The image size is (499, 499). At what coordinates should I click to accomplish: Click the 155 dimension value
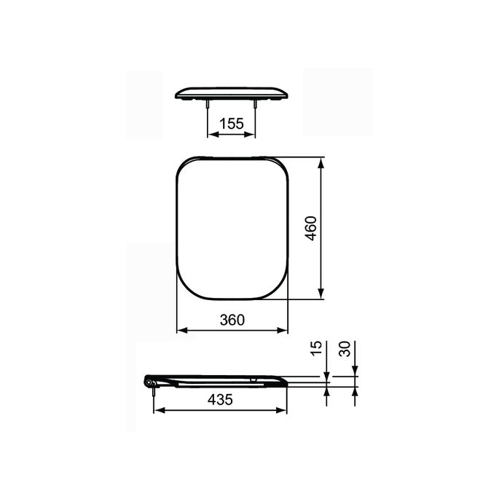[232, 124]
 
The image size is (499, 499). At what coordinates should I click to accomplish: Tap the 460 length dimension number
[309, 229]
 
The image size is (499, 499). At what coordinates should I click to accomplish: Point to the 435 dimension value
[220, 399]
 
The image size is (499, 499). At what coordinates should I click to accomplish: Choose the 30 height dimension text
[346, 348]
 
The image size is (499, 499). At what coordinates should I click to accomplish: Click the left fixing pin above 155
[208, 107]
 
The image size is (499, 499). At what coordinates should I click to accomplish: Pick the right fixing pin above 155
[256, 107]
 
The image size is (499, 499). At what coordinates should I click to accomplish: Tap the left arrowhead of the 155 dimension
[211, 135]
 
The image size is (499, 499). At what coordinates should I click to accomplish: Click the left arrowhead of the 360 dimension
[181, 330]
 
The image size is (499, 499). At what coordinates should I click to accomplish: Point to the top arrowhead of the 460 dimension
[321, 160]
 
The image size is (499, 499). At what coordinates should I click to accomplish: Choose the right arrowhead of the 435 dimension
[283, 410]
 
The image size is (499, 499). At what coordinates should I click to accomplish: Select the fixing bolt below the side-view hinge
[154, 392]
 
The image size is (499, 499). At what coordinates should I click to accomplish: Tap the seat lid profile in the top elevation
[232, 93]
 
